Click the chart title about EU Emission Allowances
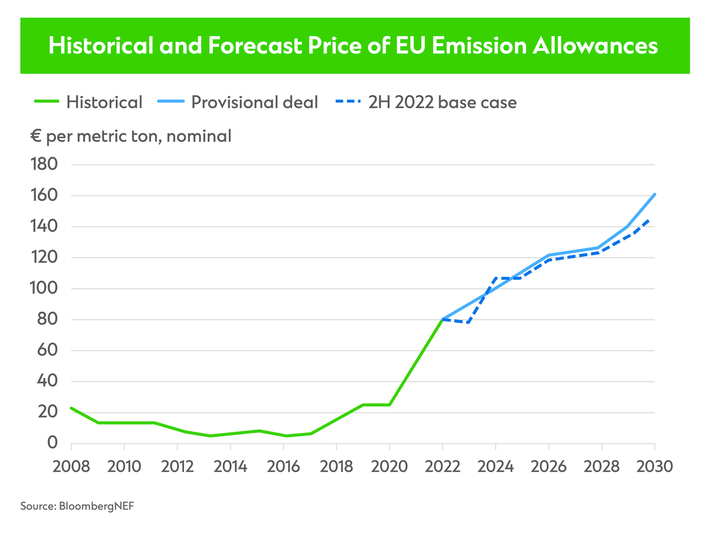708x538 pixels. (353, 46)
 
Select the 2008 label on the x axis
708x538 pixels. (71, 467)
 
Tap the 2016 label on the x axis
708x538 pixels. (283, 467)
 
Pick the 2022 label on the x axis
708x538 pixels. (442, 467)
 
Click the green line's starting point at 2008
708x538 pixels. (71, 408)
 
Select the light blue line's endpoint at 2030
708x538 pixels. (655, 194)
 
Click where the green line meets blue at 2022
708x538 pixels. (442, 319)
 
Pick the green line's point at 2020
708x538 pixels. (389, 405)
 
